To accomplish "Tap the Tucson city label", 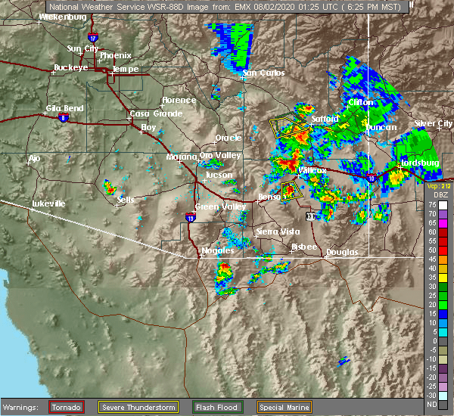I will tap(219, 175).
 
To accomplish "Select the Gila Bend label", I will tap(64, 108).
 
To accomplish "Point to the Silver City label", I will tap(434, 123).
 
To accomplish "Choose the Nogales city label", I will tap(216, 250).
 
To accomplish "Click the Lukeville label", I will tap(50, 204).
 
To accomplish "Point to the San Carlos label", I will tap(263, 73).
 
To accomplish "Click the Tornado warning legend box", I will tap(67, 407).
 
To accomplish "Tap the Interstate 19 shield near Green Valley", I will tap(190, 218).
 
